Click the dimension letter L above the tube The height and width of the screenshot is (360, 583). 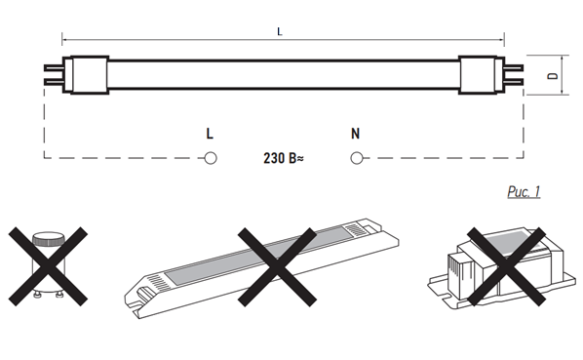tap(280, 31)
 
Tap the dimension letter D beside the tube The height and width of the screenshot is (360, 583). tap(553, 75)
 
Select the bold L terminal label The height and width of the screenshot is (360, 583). tap(210, 134)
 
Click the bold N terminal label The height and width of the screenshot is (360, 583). tap(356, 134)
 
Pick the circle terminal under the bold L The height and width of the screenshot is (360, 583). tap(211, 158)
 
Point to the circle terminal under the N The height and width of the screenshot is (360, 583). tap(357, 158)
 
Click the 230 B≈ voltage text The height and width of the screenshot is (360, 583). tap(284, 158)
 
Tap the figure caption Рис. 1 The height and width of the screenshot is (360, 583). tap(524, 191)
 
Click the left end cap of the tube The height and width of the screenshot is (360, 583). tap(86, 75)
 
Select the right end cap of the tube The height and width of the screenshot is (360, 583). tap(482, 75)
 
